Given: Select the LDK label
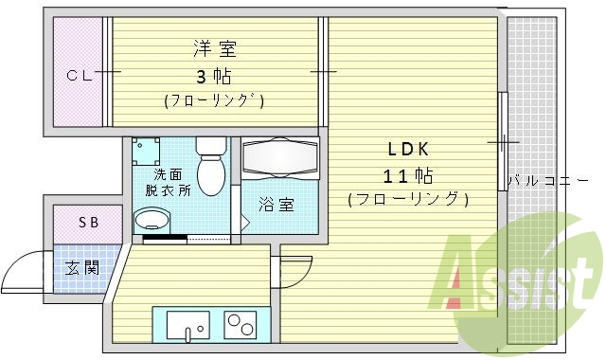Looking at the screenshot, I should coord(407,149).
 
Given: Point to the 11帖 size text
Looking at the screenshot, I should coord(408,175).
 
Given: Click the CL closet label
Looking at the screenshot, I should coord(78,76).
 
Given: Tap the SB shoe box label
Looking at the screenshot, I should coord(87,223).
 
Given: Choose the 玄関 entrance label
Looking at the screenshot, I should coord(81,267).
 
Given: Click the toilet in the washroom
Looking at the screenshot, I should coord(210,167).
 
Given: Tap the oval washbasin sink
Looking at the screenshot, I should coord(152,222).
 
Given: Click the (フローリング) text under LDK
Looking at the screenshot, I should coord(408,199).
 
